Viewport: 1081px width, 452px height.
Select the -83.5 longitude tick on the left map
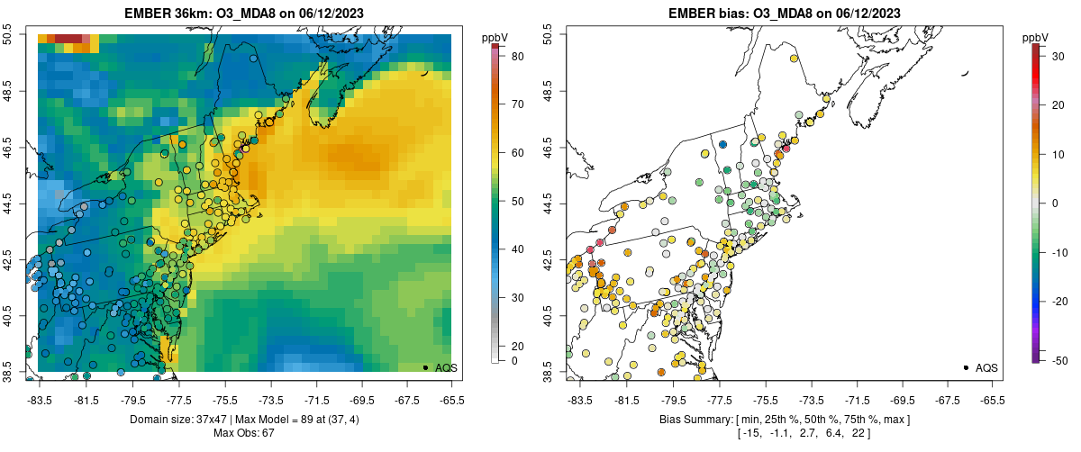tap(40, 400)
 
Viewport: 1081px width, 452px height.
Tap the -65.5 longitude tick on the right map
tap(992, 400)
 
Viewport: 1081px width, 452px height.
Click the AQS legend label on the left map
tap(446, 367)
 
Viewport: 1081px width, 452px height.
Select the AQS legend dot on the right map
tap(966, 367)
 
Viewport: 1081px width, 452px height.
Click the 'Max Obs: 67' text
tap(245, 433)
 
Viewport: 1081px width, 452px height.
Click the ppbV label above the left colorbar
tap(495, 38)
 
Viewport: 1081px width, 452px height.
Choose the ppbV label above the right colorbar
tap(1036, 38)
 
